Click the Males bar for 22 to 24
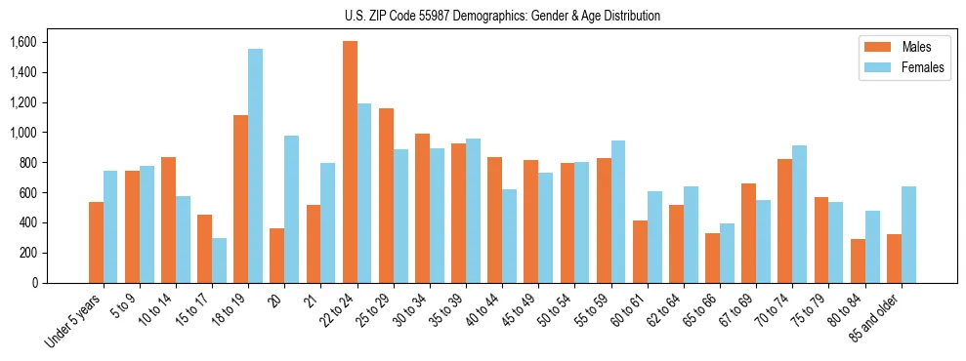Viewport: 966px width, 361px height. coord(350,162)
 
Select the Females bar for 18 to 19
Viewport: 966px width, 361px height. coord(255,166)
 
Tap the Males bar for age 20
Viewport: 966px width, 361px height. coord(277,256)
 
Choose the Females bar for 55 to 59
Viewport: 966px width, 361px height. coord(618,212)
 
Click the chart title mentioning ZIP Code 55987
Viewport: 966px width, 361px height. coord(502,16)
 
